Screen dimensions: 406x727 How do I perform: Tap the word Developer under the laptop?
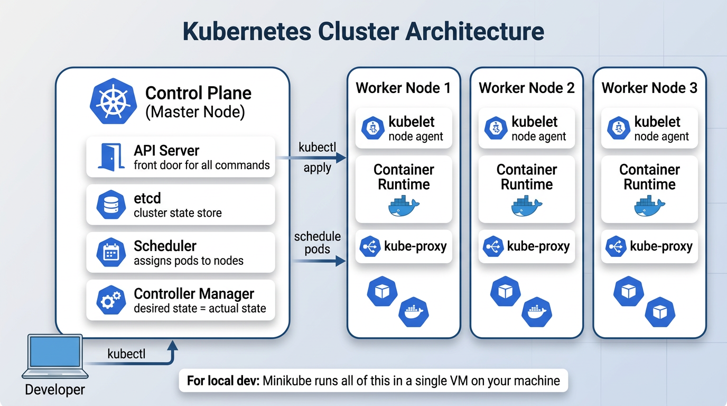tap(55, 390)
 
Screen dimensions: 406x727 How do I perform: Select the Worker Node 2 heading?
tap(526, 88)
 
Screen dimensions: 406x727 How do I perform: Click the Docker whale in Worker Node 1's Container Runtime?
tap(403, 206)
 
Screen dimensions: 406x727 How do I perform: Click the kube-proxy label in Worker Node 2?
tap(538, 246)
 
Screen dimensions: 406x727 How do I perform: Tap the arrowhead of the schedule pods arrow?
tap(341, 260)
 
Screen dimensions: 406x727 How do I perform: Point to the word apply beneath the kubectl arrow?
tap(317, 168)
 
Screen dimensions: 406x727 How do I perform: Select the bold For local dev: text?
tap(222, 381)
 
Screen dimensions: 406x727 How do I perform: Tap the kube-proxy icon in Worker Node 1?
tap(370, 246)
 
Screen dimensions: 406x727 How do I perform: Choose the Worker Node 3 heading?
tap(649, 88)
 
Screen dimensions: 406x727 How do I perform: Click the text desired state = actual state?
tap(200, 308)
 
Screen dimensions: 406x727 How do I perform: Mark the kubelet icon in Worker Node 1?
tap(371, 128)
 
